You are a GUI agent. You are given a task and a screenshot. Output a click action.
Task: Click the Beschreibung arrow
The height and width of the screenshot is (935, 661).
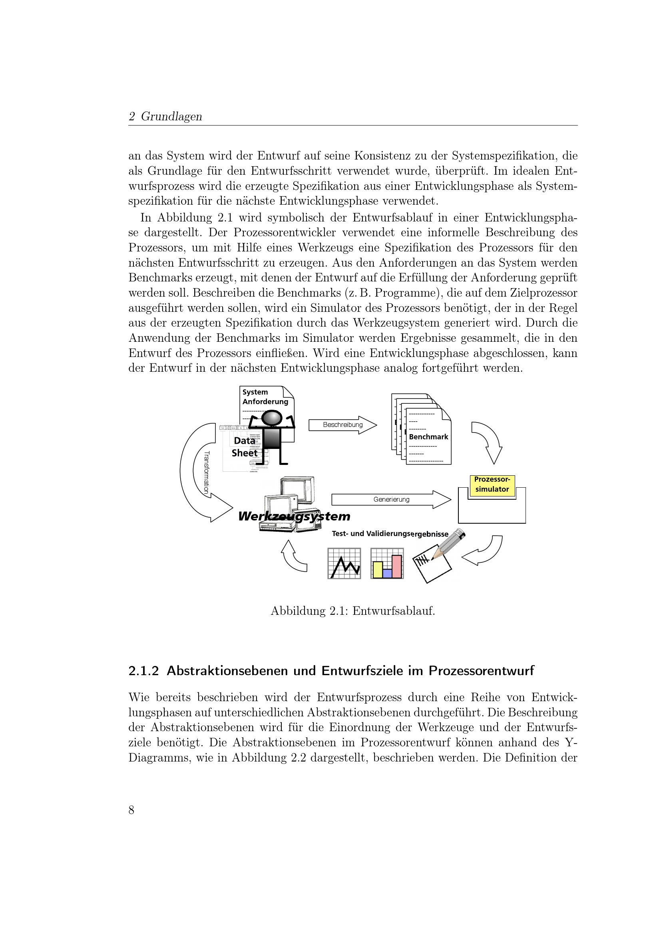point(343,425)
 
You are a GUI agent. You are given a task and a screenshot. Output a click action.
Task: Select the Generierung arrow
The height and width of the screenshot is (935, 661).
point(391,499)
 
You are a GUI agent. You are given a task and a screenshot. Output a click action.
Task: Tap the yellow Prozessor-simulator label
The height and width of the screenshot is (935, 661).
point(492,484)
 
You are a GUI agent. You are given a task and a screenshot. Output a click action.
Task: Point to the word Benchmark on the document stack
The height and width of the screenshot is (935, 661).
point(428,437)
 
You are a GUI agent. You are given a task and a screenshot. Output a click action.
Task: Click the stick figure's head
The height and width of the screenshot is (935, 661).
point(271,418)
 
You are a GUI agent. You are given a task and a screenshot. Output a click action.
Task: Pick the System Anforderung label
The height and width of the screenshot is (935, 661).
point(265,397)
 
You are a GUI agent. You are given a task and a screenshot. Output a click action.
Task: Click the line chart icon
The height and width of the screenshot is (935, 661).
point(344,563)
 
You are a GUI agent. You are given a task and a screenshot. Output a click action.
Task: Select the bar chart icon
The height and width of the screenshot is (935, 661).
point(387,563)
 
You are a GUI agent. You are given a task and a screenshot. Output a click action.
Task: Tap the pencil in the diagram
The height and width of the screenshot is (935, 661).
point(449,543)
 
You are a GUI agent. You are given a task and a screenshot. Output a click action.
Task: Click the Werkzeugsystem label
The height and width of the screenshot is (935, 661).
point(294,516)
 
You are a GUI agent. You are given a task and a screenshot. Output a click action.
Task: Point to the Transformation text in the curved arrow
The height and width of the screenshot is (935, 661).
point(206,472)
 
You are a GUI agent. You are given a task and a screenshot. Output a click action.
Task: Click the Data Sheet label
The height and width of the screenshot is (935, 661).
point(245,447)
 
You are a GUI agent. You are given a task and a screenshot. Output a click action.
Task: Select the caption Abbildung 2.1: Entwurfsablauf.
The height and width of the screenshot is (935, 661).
point(352,611)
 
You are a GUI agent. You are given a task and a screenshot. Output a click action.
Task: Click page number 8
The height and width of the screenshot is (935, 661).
point(131,810)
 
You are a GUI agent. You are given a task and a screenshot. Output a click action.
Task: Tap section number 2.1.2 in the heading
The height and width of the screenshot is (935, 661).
point(143,671)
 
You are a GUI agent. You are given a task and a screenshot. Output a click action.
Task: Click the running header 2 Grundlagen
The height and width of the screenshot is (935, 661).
point(165,116)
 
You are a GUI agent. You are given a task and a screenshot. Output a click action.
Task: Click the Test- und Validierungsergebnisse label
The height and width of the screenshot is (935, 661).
point(390,534)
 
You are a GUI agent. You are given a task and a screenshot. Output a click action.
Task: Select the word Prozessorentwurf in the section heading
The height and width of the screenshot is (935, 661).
point(481,671)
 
